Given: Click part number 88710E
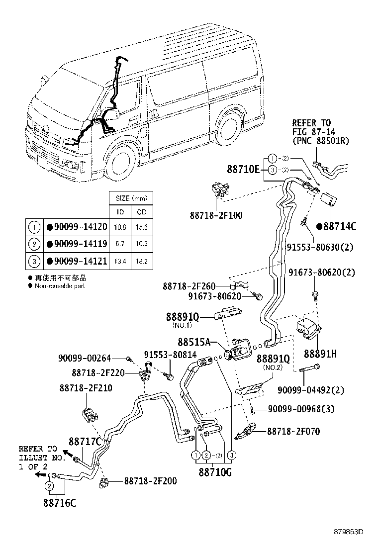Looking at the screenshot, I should [243, 170].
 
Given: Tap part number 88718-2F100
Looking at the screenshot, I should [216, 215].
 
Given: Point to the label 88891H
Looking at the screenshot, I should [320, 354].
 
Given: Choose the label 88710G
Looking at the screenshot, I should [215, 471].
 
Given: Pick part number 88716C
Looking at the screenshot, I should [59, 502].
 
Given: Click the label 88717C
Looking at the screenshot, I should [85, 441].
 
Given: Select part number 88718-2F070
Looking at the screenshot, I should [293, 432].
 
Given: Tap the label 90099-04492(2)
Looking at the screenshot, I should [317, 390].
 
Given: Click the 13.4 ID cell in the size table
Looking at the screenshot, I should [120, 261].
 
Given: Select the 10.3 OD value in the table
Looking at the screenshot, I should [142, 244].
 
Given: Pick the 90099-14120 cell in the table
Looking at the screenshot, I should [77, 227].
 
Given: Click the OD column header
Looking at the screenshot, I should [142, 212].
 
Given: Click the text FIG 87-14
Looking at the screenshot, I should [312, 132].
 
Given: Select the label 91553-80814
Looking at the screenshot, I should [170, 355].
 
